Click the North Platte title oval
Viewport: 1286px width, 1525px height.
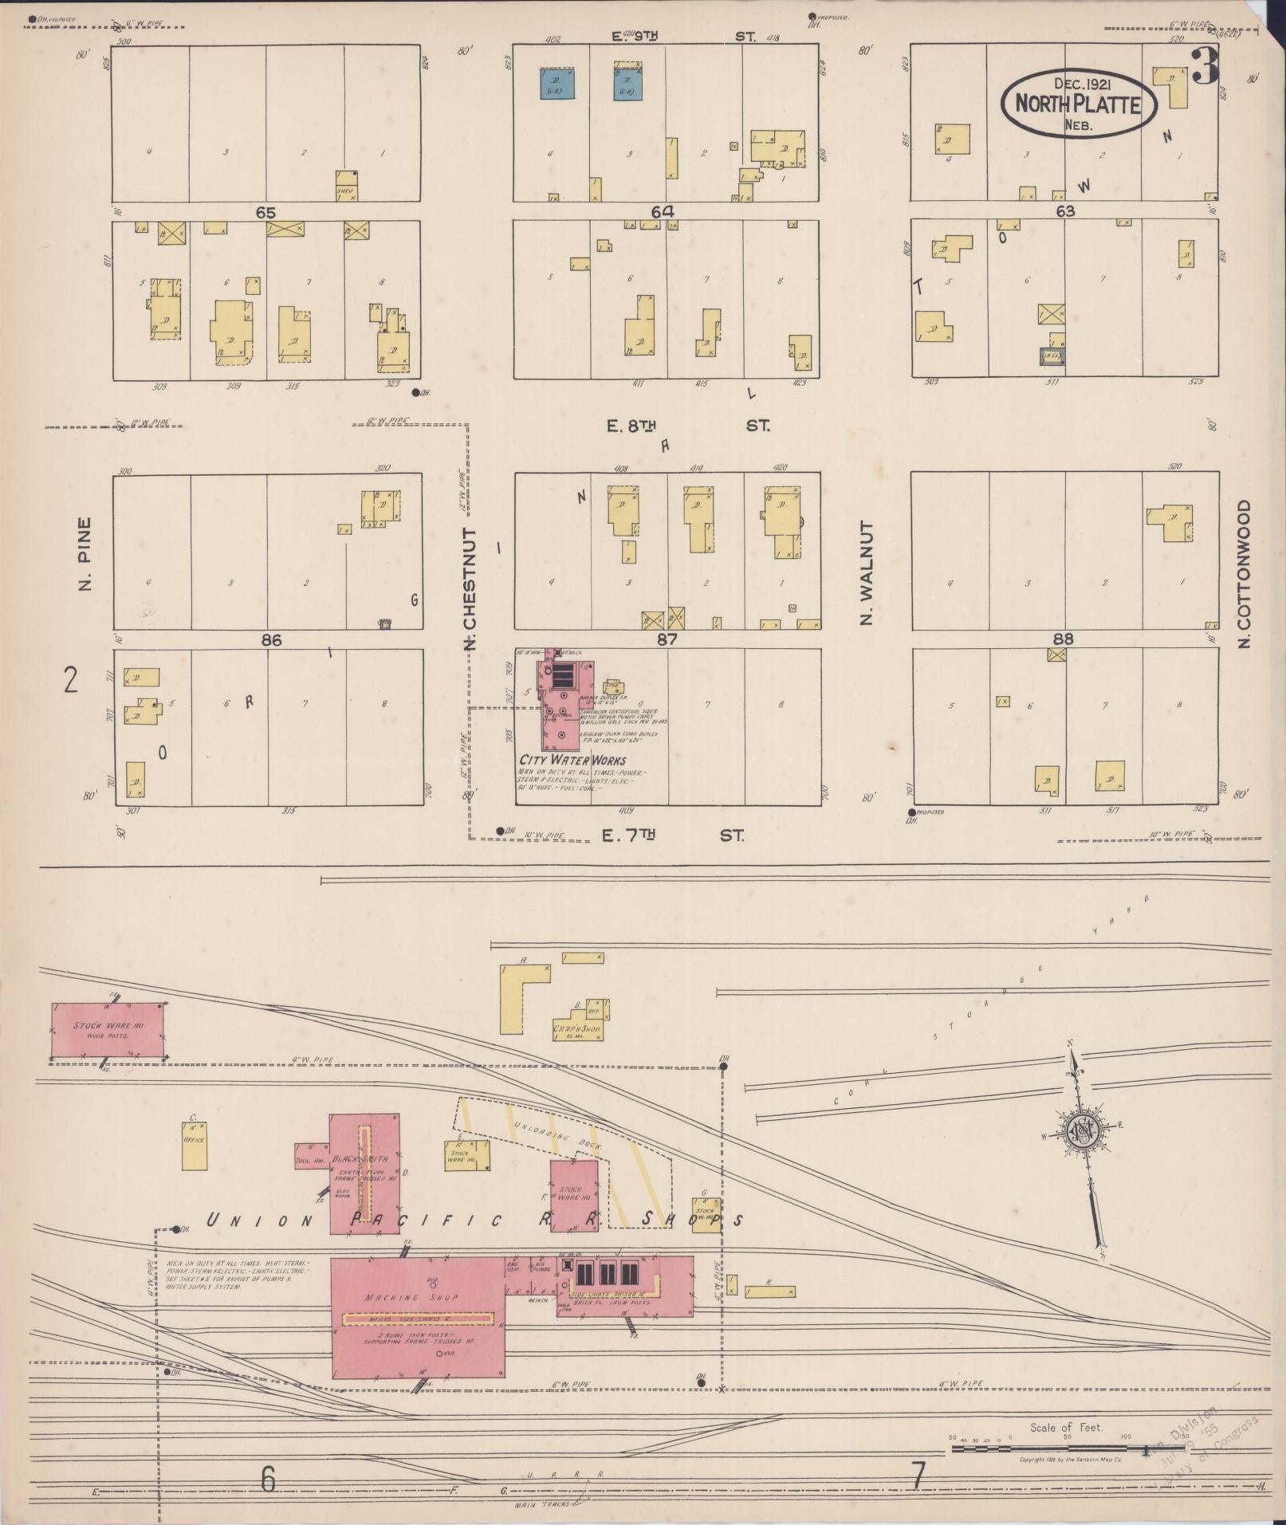(x=1079, y=104)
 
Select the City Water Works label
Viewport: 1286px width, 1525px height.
(x=572, y=761)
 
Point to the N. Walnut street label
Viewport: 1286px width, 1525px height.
(x=867, y=573)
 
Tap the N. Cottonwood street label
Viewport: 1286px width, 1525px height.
(x=1246, y=573)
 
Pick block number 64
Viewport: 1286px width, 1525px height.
(x=662, y=212)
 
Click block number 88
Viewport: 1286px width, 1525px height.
(x=1063, y=639)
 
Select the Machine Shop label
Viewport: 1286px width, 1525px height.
(x=411, y=1297)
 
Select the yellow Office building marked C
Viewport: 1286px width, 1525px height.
(x=194, y=1146)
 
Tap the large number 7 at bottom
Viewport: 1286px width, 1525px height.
(x=918, y=1476)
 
